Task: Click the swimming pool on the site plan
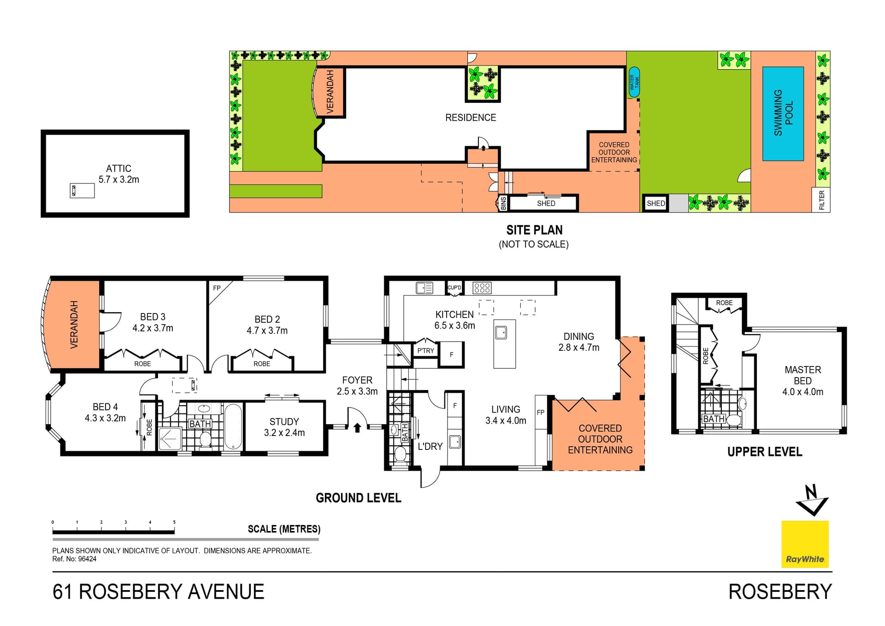(x=783, y=113)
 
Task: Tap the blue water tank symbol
(x=634, y=83)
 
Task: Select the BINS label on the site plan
(x=503, y=203)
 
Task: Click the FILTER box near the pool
(x=821, y=200)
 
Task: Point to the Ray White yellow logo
(x=805, y=544)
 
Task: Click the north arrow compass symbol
(x=812, y=500)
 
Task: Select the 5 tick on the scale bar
(x=174, y=522)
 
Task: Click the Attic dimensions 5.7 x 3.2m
(x=118, y=180)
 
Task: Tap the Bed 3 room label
(x=153, y=317)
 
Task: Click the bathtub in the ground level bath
(x=233, y=426)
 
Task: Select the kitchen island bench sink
(x=501, y=332)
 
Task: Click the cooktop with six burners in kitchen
(x=482, y=288)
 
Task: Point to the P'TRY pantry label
(x=425, y=351)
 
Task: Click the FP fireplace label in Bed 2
(x=217, y=288)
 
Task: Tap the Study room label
(x=284, y=422)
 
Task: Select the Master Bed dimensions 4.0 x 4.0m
(x=802, y=392)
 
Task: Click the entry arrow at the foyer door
(x=357, y=428)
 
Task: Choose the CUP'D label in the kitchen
(x=454, y=288)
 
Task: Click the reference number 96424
(x=87, y=559)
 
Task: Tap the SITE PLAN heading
(x=534, y=230)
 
